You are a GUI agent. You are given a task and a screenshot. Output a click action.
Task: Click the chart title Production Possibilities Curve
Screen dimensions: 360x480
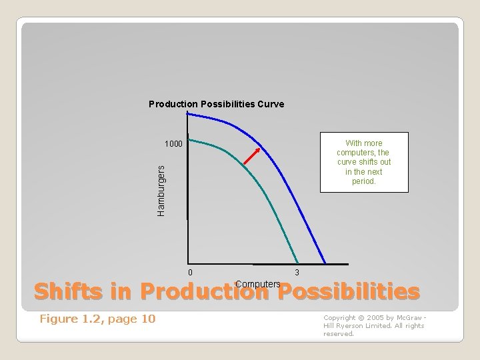[x=216, y=104]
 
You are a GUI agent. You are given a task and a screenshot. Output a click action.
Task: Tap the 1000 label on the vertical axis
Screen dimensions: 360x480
[x=173, y=144]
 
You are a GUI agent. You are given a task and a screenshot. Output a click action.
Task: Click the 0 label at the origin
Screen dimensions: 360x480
[x=190, y=272]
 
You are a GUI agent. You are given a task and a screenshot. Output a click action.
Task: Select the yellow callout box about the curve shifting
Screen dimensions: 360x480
[x=363, y=162]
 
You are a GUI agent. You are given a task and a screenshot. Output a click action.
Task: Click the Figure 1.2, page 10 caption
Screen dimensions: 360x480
[x=97, y=319]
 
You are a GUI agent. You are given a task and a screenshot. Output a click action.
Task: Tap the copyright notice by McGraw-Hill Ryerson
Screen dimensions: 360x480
[x=373, y=325]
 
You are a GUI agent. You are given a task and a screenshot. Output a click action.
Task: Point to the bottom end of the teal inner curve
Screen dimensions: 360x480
[x=297, y=261]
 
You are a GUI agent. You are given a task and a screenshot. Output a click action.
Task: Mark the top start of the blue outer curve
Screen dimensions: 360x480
[x=189, y=113]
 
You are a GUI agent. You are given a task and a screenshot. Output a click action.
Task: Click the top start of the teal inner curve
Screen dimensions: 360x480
[x=190, y=139]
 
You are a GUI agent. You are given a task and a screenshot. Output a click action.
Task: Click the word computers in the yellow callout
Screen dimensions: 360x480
[x=363, y=152]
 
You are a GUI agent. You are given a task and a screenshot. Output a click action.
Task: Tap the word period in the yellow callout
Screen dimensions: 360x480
[x=363, y=181]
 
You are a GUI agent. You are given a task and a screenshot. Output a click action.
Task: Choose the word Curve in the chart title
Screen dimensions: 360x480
[x=271, y=104]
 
